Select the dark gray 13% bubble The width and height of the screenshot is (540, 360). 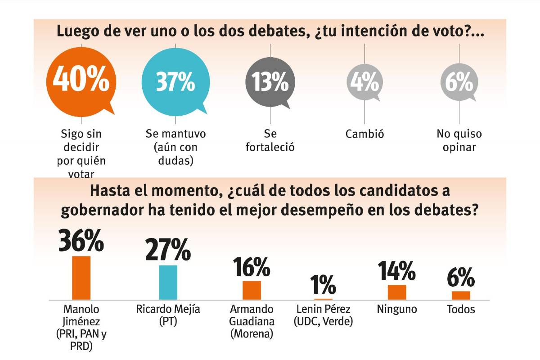(270, 83)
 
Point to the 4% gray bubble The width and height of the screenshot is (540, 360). (364, 83)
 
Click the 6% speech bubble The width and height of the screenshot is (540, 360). (459, 83)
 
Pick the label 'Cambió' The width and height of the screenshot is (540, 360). (364, 134)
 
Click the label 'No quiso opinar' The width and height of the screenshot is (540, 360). (459, 140)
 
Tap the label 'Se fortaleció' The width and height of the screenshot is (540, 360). (270, 140)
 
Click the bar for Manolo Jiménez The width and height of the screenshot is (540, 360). (81, 278)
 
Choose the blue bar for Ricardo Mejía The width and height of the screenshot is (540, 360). (168, 282)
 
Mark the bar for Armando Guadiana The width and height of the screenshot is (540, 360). (252, 290)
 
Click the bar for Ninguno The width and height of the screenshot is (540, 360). (397, 292)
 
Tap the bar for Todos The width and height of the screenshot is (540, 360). (461, 295)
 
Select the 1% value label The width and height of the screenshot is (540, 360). (323, 284)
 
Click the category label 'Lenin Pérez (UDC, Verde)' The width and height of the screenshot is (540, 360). (323, 315)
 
